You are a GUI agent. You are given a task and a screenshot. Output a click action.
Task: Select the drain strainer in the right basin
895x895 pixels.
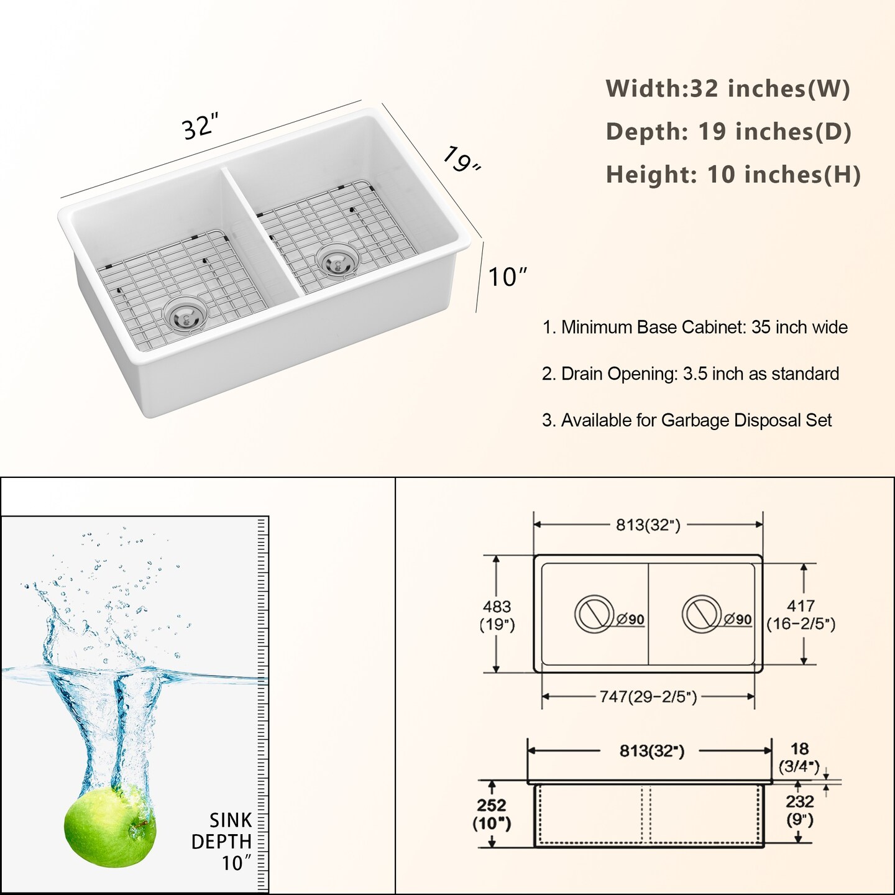(337, 262)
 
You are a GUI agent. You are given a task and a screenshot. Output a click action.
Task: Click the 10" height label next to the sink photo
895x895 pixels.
(508, 277)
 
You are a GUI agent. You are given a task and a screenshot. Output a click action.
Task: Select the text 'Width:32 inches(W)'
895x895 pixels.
(728, 88)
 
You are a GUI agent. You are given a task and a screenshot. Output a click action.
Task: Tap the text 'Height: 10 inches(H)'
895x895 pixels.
(733, 174)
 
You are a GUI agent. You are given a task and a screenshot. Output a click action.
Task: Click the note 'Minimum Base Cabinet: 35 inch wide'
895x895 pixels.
(695, 328)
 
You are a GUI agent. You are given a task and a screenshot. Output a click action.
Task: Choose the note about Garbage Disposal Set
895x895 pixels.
(687, 420)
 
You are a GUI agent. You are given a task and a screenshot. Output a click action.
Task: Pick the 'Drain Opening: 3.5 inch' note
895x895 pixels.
(691, 374)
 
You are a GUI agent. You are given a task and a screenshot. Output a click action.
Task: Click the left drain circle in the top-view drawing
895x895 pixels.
(595, 614)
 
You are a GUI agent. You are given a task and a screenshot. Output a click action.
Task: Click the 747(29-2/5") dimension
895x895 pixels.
(648, 697)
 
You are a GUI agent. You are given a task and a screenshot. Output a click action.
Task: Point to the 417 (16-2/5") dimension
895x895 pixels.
(801, 615)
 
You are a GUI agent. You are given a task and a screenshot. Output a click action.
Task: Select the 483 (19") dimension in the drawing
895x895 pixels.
(497, 615)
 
